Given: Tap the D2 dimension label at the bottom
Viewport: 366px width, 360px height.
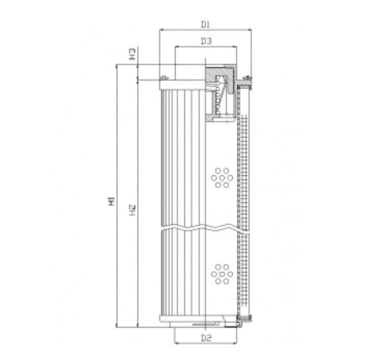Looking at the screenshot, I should [x=205, y=339].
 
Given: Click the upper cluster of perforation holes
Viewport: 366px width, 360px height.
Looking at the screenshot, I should [x=221, y=178].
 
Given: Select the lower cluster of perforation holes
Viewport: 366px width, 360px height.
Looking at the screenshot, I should [x=221, y=274].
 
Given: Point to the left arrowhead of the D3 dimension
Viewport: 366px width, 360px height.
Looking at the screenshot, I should [x=177, y=48].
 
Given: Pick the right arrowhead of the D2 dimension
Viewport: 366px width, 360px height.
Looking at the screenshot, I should [x=236, y=346].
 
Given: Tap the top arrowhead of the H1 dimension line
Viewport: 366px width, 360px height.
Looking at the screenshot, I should [x=117, y=68].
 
